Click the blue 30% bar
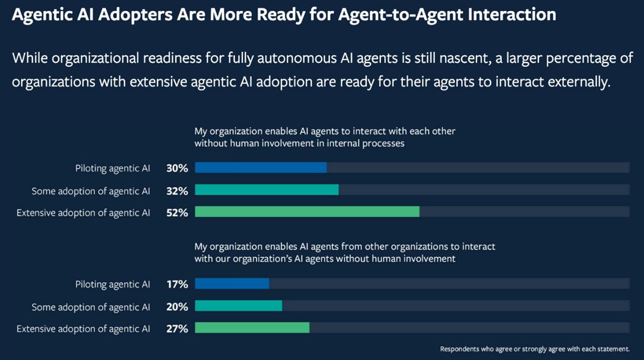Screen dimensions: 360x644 (260, 168)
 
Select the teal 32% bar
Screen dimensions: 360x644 (267, 190)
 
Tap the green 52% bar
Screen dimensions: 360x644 (307, 212)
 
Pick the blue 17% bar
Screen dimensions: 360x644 (231, 284)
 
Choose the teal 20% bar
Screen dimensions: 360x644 (238, 306)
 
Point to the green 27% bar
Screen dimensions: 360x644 (252, 328)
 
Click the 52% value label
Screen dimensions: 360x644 (177, 213)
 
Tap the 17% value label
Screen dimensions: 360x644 (177, 284)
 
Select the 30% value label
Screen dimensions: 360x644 (177, 168)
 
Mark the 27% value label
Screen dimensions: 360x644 (177, 328)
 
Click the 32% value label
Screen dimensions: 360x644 (177, 191)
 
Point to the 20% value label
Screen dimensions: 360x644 (177, 307)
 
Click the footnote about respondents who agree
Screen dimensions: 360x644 (534, 349)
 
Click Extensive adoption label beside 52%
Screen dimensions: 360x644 (84, 213)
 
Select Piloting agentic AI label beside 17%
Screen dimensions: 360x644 (113, 284)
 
